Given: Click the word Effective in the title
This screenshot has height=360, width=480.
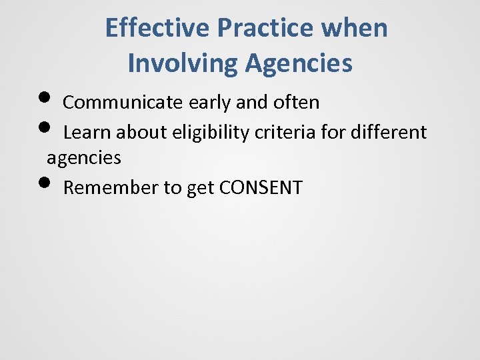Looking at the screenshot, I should click(157, 28).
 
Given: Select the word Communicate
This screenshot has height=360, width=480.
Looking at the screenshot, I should click(123, 103).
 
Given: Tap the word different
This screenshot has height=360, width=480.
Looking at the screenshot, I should click(392, 132).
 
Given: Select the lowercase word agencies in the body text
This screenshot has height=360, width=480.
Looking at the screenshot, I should click(83, 159).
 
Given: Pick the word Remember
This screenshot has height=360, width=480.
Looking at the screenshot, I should click(111, 188).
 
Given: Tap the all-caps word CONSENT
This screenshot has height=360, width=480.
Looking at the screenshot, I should click(261, 188).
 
